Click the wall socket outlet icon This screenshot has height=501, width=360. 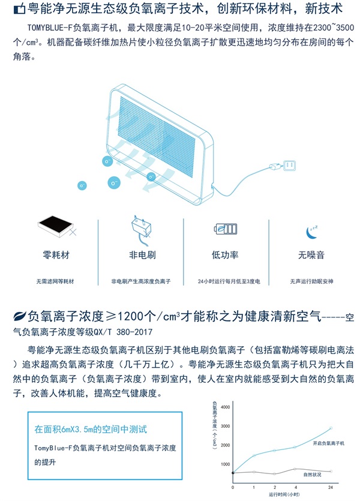289,166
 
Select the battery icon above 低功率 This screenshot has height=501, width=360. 226,229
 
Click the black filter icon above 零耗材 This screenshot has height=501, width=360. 56,226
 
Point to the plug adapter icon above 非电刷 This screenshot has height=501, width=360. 140,230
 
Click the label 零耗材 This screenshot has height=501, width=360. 56,255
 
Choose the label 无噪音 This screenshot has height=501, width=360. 311,255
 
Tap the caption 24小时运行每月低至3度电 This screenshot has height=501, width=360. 229,281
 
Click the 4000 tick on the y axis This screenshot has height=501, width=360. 225,407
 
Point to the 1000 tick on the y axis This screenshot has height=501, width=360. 225,464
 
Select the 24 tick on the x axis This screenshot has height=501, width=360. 330,487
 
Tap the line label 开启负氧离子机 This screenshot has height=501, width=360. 328,443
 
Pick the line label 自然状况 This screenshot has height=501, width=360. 312,475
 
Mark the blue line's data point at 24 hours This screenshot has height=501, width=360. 331,428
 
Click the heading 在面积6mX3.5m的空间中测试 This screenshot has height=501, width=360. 91,429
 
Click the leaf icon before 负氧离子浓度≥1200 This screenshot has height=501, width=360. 19,316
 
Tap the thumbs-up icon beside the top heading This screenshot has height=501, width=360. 19,9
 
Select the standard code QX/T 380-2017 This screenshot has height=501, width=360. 123,332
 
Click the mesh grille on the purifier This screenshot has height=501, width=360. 157,137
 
